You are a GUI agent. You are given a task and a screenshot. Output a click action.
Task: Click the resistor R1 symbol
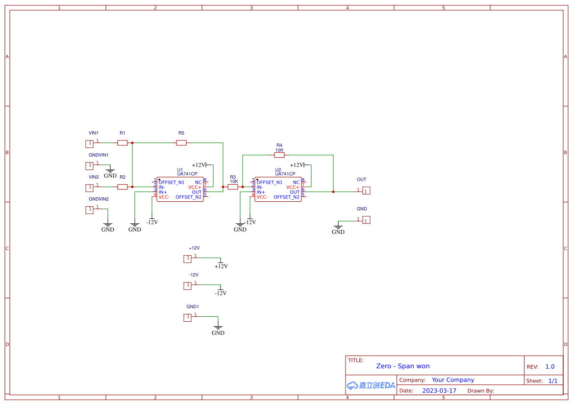pyautogui.click(x=123, y=143)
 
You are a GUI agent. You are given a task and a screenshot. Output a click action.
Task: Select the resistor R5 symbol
pyautogui.click(x=181, y=143)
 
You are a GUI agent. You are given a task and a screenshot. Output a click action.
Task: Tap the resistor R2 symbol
pyautogui.click(x=123, y=187)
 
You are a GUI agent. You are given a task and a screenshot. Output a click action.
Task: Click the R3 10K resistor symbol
pyautogui.click(x=233, y=187)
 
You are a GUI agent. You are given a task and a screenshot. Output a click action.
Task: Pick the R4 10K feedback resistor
pyautogui.click(x=279, y=155)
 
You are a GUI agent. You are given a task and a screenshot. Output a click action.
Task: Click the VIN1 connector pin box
pyautogui.click(x=89, y=143)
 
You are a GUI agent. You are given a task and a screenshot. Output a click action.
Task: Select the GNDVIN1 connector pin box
pyautogui.click(x=89, y=166)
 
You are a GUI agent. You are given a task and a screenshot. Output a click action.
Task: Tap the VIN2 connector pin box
pyautogui.click(x=89, y=188)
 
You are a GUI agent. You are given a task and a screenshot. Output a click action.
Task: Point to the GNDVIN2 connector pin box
pyautogui.click(x=89, y=210)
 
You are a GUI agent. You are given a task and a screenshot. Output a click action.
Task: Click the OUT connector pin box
pyautogui.click(x=366, y=191)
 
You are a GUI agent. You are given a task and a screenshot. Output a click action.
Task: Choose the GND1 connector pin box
pyautogui.click(x=187, y=317)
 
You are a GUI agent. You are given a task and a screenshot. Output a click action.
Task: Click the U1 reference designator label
pyautogui.click(x=180, y=169)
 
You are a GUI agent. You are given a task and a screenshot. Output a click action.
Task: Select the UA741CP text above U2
pyautogui.click(x=285, y=174)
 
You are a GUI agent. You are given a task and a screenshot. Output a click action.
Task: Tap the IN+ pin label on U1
pyautogui.click(x=163, y=192)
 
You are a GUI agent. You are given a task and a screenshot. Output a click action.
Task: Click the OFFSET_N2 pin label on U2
pyautogui.click(x=286, y=197)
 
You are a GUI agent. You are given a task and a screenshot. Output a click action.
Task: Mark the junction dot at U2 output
pyautogui.click(x=333, y=192)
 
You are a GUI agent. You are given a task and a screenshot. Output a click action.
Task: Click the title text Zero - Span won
pyautogui.click(x=403, y=366)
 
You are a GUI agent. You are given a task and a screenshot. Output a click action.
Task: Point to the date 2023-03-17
pyautogui.click(x=439, y=391)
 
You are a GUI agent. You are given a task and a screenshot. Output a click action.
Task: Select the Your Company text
pyautogui.click(x=453, y=380)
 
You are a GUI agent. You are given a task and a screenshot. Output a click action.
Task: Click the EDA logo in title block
pyautogui.click(x=371, y=385)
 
